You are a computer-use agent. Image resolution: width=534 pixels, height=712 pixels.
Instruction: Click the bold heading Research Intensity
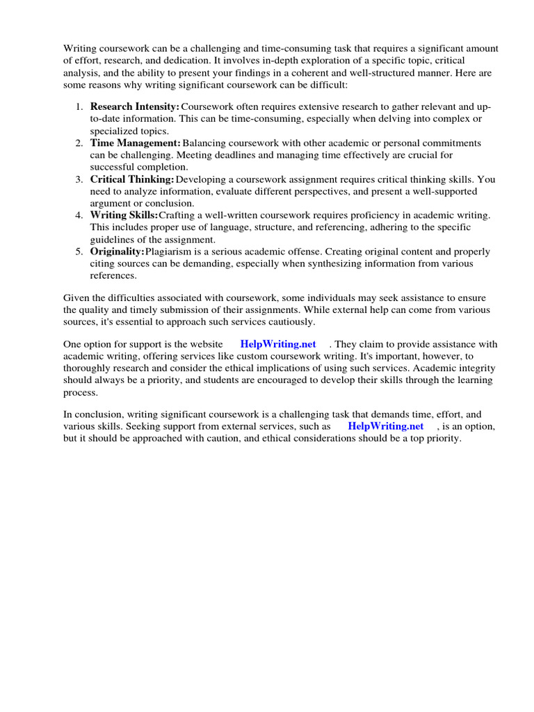click(x=134, y=106)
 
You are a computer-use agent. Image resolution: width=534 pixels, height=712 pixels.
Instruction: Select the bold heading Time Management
click(x=135, y=143)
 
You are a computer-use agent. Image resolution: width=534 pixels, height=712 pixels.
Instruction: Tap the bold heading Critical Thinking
click(x=131, y=179)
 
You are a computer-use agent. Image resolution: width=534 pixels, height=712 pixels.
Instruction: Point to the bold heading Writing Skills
click(x=124, y=215)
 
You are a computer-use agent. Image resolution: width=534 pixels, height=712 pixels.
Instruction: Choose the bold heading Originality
click(x=117, y=251)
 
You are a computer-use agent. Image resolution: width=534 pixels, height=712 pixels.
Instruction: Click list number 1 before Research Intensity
click(x=79, y=106)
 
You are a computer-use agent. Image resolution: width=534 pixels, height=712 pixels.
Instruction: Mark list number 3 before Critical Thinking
click(x=79, y=179)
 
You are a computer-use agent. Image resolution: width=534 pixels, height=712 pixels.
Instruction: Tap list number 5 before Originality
click(x=79, y=251)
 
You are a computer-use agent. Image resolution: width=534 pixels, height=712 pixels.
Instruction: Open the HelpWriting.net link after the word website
click(x=277, y=344)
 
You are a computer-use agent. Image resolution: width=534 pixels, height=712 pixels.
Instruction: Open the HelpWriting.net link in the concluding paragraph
click(x=385, y=426)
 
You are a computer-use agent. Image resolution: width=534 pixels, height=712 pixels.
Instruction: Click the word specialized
click(x=113, y=131)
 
